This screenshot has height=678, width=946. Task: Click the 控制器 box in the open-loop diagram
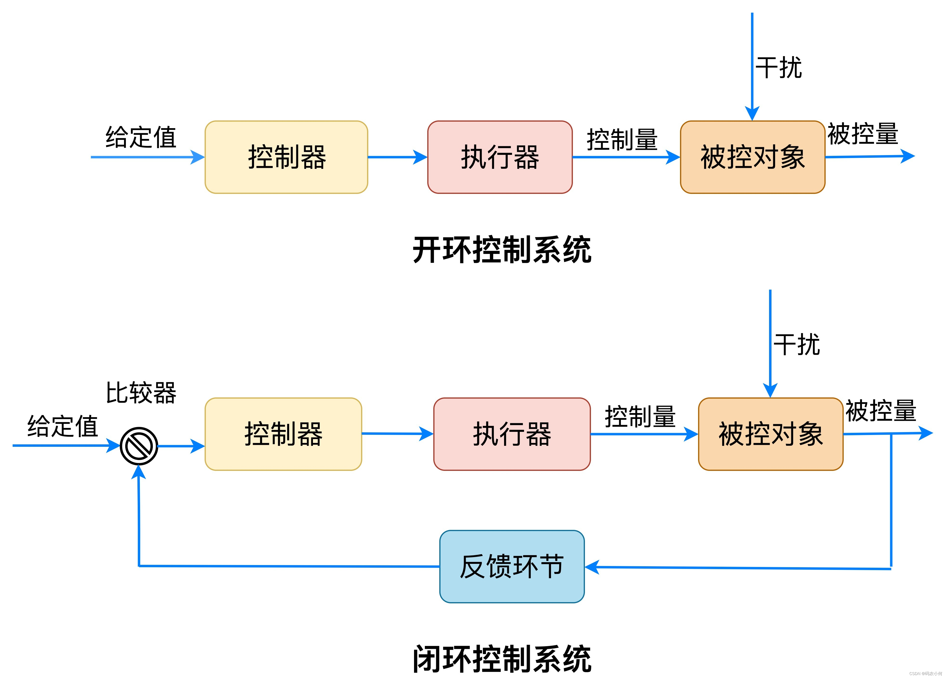286,157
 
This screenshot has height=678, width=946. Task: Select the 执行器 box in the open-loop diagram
500,157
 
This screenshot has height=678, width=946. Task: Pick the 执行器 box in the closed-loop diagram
512,434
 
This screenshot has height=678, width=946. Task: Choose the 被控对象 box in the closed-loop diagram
770,434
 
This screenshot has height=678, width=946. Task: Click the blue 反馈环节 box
512,566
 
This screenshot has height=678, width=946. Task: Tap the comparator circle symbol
139,446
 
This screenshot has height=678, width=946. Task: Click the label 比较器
141,393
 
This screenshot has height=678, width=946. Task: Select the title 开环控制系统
502,250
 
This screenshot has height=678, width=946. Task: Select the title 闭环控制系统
502,659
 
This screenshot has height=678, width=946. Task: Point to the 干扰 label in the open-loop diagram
778,68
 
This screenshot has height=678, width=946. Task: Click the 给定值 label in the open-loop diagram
141,137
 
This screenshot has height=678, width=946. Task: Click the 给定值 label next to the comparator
63,426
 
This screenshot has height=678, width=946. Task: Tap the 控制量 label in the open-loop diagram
622,139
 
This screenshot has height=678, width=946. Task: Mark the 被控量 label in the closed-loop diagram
881,411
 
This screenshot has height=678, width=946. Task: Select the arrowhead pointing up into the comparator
138,472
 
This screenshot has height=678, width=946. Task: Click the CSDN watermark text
925,673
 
